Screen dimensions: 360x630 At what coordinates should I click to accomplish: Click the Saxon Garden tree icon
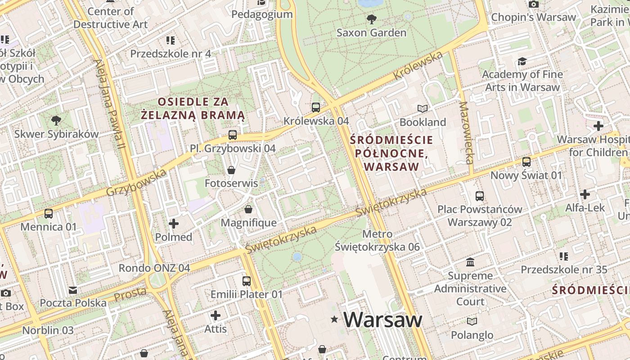point(372,19)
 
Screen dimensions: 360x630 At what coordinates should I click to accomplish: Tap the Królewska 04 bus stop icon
point(316,108)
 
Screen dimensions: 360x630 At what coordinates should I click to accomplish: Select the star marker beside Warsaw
point(334,319)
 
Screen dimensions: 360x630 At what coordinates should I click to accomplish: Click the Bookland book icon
point(422,109)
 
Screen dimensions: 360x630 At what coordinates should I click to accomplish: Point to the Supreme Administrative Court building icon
point(470,262)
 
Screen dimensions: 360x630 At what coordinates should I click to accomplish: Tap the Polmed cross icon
point(174,224)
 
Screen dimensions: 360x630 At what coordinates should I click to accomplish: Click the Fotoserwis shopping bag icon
point(231,170)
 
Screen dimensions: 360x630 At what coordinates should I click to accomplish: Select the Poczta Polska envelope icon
point(73,290)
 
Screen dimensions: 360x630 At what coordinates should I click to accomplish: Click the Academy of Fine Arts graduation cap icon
point(522,61)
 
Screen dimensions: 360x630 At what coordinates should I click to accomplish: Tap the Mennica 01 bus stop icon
point(48,213)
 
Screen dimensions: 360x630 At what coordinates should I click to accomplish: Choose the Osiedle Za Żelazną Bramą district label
point(193,108)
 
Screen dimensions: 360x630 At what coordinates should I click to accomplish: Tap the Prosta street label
point(130,294)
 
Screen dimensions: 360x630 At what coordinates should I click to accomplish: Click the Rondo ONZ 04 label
point(154,268)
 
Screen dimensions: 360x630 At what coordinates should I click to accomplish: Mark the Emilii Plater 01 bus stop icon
point(246,281)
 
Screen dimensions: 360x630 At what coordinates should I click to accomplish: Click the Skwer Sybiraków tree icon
point(56,121)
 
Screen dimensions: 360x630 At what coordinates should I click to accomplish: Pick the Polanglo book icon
point(472,322)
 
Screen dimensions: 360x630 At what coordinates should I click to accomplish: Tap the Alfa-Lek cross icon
point(585,194)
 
